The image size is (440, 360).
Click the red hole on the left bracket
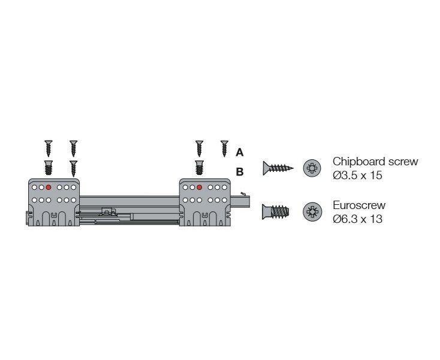pyautogui.click(x=49, y=187)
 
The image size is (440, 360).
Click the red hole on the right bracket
pyautogui.click(x=199, y=187)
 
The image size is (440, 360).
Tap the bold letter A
pyautogui.click(x=240, y=153)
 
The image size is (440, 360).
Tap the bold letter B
pyautogui.click(x=240, y=172)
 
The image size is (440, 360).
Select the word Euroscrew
pyautogui.click(x=359, y=205)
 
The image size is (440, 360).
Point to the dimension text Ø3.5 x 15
pyautogui.click(x=357, y=176)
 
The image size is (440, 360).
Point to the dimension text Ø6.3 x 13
pyautogui.click(x=357, y=219)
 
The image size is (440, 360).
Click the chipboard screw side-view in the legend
pyautogui.click(x=278, y=168)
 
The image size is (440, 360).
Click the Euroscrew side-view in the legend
pyautogui.click(x=276, y=211)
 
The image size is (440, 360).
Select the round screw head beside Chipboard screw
pyautogui.click(x=312, y=168)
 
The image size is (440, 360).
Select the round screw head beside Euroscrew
pyautogui.click(x=312, y=211)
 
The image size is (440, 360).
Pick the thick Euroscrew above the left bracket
pyautogui.click(x=49, y=167)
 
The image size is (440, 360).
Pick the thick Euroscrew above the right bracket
pyautogui.click(x=199, y=167)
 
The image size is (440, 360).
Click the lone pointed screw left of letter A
pyautogui.click(x=224, y=149)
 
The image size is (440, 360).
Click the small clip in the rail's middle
pyautogui.click(x=109, y=211)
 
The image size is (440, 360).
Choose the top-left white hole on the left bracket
pyautogui.click(x=35, y=187)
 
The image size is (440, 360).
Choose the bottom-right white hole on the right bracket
pyautogui.click(x=224, y=200)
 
